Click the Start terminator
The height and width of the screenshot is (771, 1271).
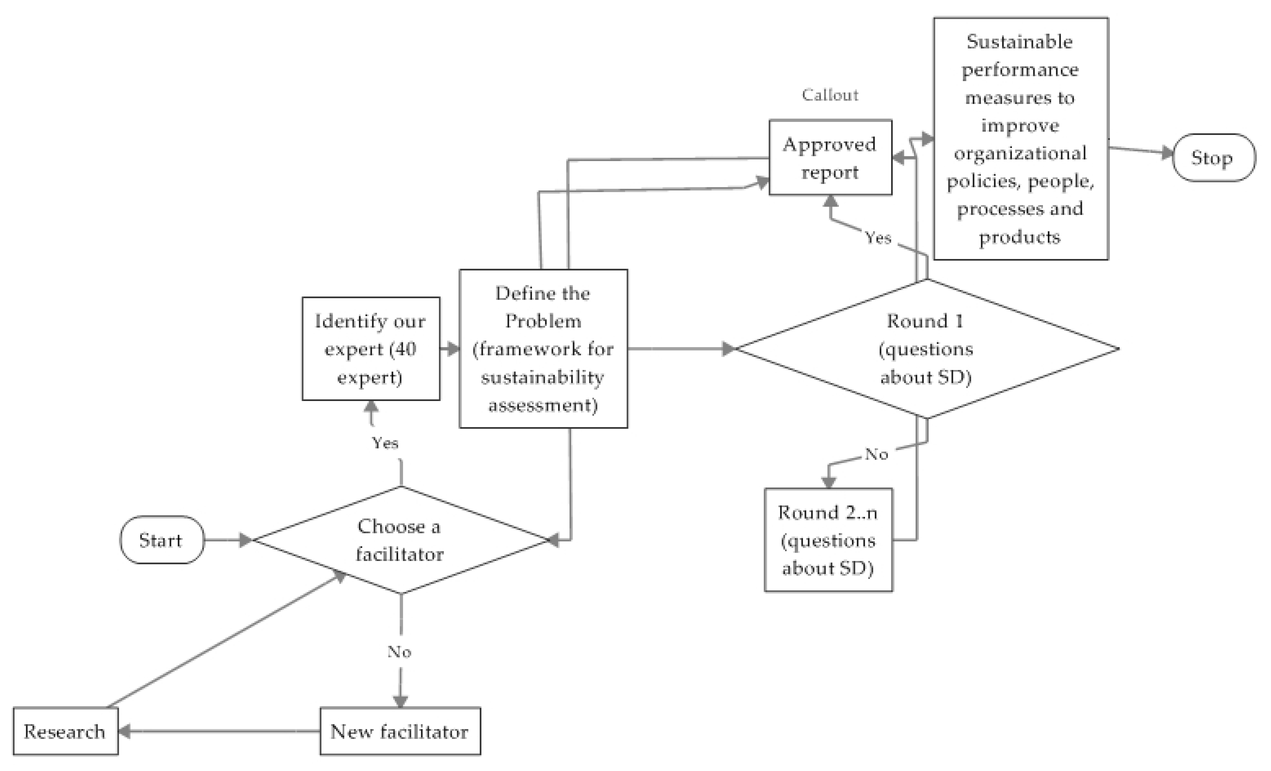[x=161, y=540]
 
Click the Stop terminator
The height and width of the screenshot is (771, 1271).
[x=1213, y=158]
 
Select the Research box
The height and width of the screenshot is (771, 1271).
[x=65, y=731]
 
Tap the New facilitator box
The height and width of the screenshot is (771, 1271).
[x=400, y=731]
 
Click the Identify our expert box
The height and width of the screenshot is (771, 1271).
[x=371, y=349]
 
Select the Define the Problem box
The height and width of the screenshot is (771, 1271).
[x=543, y=349]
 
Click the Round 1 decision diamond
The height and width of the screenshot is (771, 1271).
[x=926, y=349]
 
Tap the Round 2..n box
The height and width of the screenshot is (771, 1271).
[x=828, y=540]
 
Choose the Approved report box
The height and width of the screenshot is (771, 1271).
[x=830, y=158]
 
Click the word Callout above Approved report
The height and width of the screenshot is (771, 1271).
[x=830, y=95]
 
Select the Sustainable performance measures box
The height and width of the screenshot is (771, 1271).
[x=1020, y=139]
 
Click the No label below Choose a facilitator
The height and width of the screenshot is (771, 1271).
[x=399, y=652]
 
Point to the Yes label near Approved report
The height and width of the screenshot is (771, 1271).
[x=878, y=238]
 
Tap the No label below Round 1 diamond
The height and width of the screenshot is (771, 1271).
[x=876, y=454]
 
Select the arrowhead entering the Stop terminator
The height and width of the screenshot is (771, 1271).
[x=1167, y=152]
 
